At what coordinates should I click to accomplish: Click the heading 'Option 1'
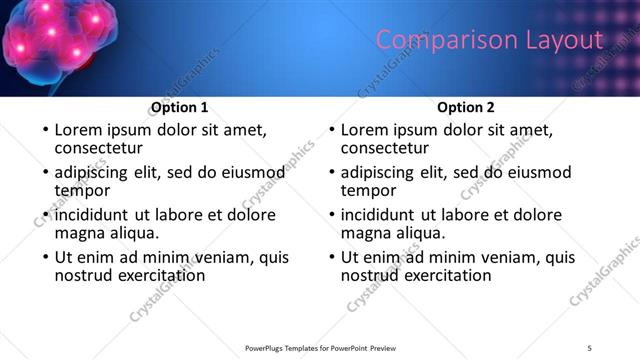pyautogui.click(x=179, y=107)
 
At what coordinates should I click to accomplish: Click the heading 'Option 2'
pyautogui.click(x=465, y=107)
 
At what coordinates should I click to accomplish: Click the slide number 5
pyautogui.click(x=589, y=347)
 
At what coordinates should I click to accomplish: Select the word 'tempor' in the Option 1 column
pyautogui.click(x=82, y=190)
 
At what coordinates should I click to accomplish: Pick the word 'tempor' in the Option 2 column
pyautogui.click(x=368, y=190)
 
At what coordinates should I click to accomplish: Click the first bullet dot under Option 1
pyautogui.click(x=44, y=131)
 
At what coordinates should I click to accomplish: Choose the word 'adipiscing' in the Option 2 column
pyautogui.click(x=380, y=172)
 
